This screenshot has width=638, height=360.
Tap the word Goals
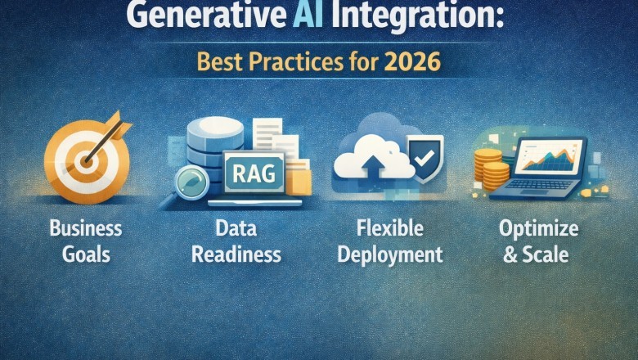pos(85,253)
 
